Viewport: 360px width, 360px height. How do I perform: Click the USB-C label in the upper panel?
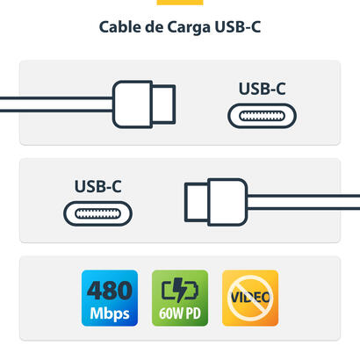pos(262,89)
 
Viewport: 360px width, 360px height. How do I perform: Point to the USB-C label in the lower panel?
pos(97,187)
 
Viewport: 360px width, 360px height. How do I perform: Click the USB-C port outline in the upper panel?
pos(263,115)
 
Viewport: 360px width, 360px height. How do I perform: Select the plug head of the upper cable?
pos(133,104)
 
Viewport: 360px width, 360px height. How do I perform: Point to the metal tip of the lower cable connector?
pos(195,202)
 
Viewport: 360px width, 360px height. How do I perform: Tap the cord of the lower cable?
pos(307,202)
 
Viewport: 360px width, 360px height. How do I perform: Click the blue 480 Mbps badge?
pos(109,299)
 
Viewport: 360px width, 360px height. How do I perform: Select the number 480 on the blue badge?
pos(109,289)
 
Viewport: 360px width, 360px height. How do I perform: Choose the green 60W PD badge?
pos(179,299)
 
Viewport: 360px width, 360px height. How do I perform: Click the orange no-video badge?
pos(249,299)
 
